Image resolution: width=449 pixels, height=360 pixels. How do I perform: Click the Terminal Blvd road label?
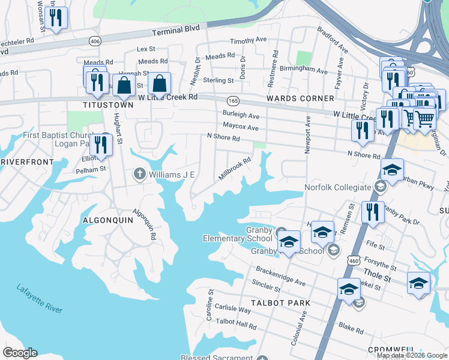coord(175,31)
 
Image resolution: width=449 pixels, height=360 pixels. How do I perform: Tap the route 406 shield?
coord(94,41)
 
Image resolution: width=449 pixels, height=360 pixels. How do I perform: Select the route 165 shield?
coord(233,100)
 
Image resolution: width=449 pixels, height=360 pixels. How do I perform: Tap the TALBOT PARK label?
coord(282,303)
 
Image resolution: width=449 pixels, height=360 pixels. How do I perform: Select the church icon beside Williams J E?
coord(139,175)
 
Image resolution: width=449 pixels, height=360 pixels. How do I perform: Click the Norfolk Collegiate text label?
coord(338,187)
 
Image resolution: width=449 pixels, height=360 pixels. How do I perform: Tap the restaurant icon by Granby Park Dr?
coord(373,212)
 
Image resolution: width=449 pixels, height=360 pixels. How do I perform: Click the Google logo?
coord(20,353)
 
